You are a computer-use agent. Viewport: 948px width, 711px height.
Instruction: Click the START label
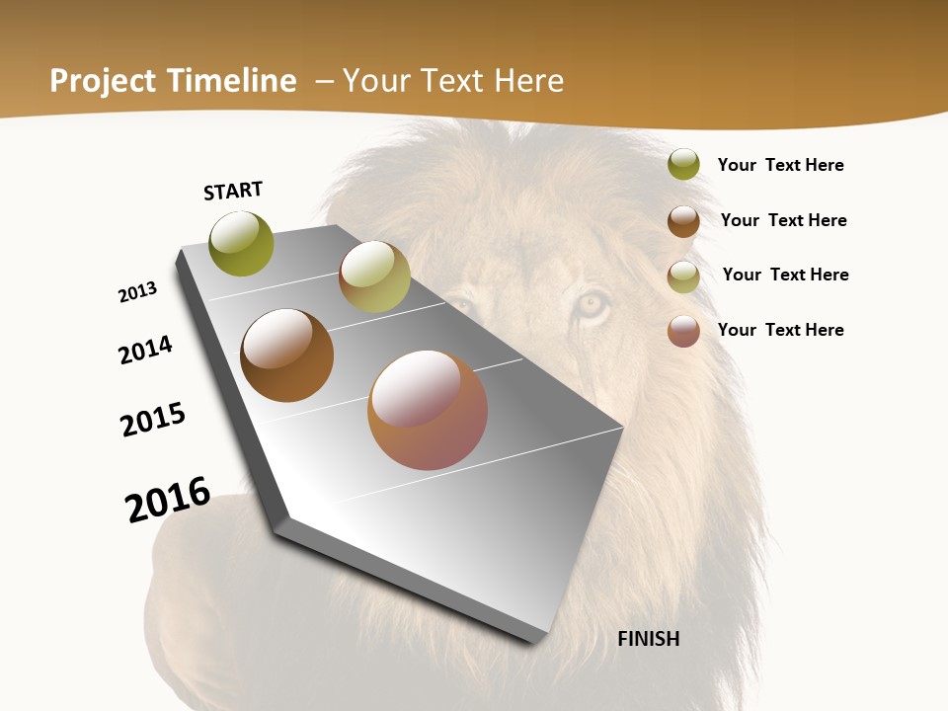233,191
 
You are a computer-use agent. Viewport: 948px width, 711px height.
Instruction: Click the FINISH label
648,639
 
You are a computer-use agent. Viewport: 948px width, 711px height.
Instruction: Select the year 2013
138,292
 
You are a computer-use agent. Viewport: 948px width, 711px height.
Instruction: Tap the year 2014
145,350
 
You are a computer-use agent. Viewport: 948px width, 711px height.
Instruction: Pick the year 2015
153,419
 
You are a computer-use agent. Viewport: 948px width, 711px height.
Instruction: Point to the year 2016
168,500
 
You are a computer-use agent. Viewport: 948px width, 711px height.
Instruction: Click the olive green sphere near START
241,244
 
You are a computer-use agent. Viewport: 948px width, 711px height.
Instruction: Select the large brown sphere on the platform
286,355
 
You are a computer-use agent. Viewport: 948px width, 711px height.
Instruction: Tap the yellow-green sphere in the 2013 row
374,276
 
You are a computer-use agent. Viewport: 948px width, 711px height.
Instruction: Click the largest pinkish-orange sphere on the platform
428,410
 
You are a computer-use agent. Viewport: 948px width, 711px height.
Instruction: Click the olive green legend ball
683,165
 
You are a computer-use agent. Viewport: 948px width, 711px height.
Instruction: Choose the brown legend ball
683,221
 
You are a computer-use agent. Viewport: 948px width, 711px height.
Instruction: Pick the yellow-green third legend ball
683,276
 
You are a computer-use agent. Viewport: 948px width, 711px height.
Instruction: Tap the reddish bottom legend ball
683,331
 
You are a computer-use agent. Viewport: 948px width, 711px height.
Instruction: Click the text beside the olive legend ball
780,165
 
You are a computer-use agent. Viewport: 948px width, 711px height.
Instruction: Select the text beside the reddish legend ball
780,330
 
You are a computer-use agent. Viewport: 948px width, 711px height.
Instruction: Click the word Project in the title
102,81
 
